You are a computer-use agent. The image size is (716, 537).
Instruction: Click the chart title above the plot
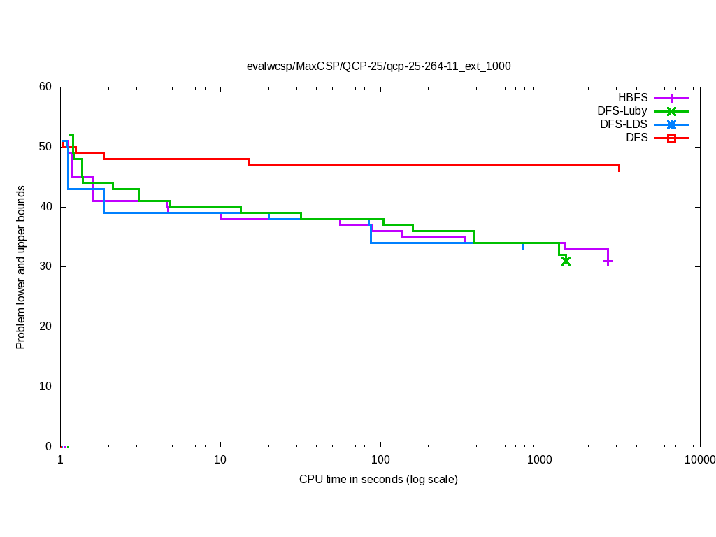click(378, 66)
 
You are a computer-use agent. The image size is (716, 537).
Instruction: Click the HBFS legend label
click(633, 98)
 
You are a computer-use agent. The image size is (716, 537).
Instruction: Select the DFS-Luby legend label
click(622, 111)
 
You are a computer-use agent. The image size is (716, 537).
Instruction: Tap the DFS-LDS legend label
click(624, 124)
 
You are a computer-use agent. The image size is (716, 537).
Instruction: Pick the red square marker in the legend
click(671, 138)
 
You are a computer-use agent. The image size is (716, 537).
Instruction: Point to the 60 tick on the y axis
click(45, 87)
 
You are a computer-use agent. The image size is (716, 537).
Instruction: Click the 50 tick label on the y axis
click(45, 147)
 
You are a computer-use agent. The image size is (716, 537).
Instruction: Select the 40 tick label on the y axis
click(45, 207)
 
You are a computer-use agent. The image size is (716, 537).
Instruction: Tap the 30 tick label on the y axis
click(45, 267)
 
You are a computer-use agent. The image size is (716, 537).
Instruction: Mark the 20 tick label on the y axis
click(45, 327)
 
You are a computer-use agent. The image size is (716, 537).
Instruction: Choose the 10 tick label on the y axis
click(45, 387)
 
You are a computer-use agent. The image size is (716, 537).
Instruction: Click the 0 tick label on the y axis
click(48, 447)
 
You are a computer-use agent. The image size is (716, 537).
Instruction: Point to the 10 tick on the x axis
click(220, 459)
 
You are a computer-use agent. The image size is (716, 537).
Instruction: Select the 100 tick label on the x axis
click(380, 459)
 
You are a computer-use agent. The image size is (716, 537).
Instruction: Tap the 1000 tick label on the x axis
click(540, 459)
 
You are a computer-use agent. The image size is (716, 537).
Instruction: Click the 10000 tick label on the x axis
click(699, 459)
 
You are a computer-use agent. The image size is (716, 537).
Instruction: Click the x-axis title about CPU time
click(378, 480)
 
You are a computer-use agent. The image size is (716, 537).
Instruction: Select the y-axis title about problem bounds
click(21, 267)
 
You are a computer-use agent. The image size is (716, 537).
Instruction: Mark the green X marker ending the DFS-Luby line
click(566, 261)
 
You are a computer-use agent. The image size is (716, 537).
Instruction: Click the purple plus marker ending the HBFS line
click(608, 262)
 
